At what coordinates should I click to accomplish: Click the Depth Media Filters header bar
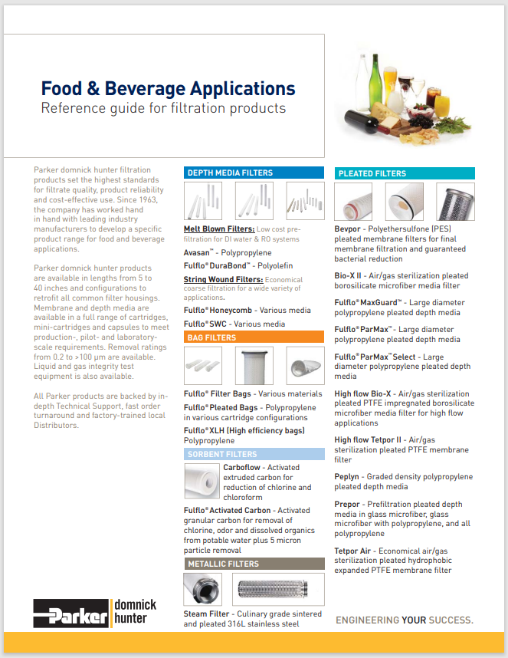click(254, 173)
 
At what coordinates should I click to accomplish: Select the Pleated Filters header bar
click(404, 173)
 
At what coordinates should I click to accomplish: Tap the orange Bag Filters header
click(254, 337)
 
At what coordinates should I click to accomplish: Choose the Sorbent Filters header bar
click(254, 454)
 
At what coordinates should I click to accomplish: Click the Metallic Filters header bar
click(254, 564)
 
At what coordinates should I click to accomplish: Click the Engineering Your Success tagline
click(405, 620)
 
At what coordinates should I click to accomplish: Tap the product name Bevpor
click(349, 229)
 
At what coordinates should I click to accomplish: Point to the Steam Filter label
click(206, 614)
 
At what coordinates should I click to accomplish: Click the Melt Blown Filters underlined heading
click(219, 229)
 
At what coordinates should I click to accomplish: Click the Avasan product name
click(199, 251)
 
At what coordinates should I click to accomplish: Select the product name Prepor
click(349, 504)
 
